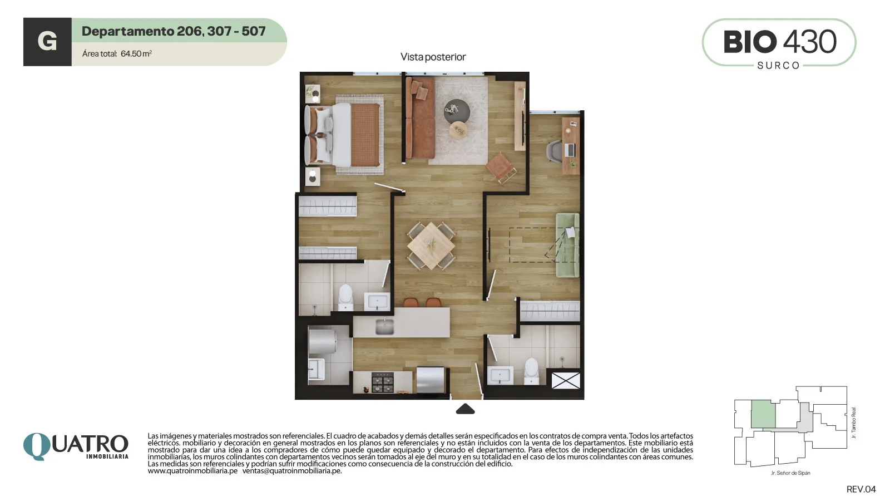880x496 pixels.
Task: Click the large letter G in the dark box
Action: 47,41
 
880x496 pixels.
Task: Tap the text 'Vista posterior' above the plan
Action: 433,57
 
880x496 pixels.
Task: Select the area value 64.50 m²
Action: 136,53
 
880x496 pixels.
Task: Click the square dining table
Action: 431,246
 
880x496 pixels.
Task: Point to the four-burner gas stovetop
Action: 382,382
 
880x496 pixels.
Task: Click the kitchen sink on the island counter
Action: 384,327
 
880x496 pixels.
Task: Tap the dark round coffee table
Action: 457,111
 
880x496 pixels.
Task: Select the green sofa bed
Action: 567,245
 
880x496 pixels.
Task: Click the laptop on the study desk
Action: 569,150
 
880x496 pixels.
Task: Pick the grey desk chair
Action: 555,150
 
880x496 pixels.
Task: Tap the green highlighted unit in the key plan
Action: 763,414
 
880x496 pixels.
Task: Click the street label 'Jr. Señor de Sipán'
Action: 790,473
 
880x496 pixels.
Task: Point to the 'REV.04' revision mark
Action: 861,489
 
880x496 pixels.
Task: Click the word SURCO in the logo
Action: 778,66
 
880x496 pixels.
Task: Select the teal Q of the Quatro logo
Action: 37,446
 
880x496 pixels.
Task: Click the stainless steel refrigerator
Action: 430,380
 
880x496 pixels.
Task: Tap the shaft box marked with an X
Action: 566,380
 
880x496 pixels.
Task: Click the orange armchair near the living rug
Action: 501,168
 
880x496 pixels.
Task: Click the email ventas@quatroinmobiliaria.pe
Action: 292,471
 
